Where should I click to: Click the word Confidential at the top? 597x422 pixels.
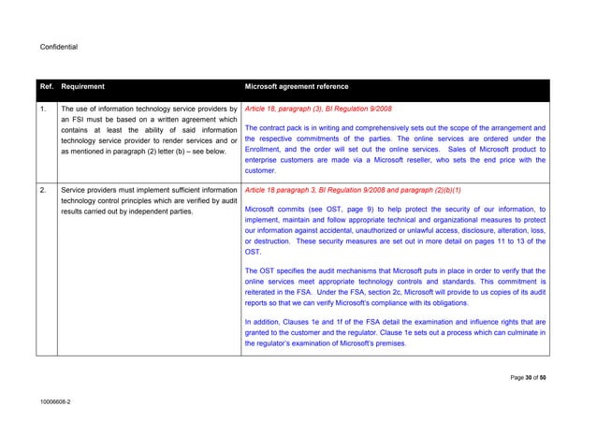[58, 46]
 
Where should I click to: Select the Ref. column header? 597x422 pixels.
[46, 87]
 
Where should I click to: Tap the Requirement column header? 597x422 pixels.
[91, 87]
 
